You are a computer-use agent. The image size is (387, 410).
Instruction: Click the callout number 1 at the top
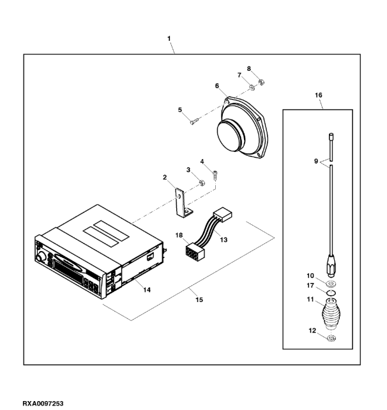(x=169, y=38)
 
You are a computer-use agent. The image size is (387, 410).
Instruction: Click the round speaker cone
(x=231, y=135)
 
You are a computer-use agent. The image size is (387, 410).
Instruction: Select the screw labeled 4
(x=216, y=174)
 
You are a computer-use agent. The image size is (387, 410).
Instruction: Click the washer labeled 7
(x=252, y=86)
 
